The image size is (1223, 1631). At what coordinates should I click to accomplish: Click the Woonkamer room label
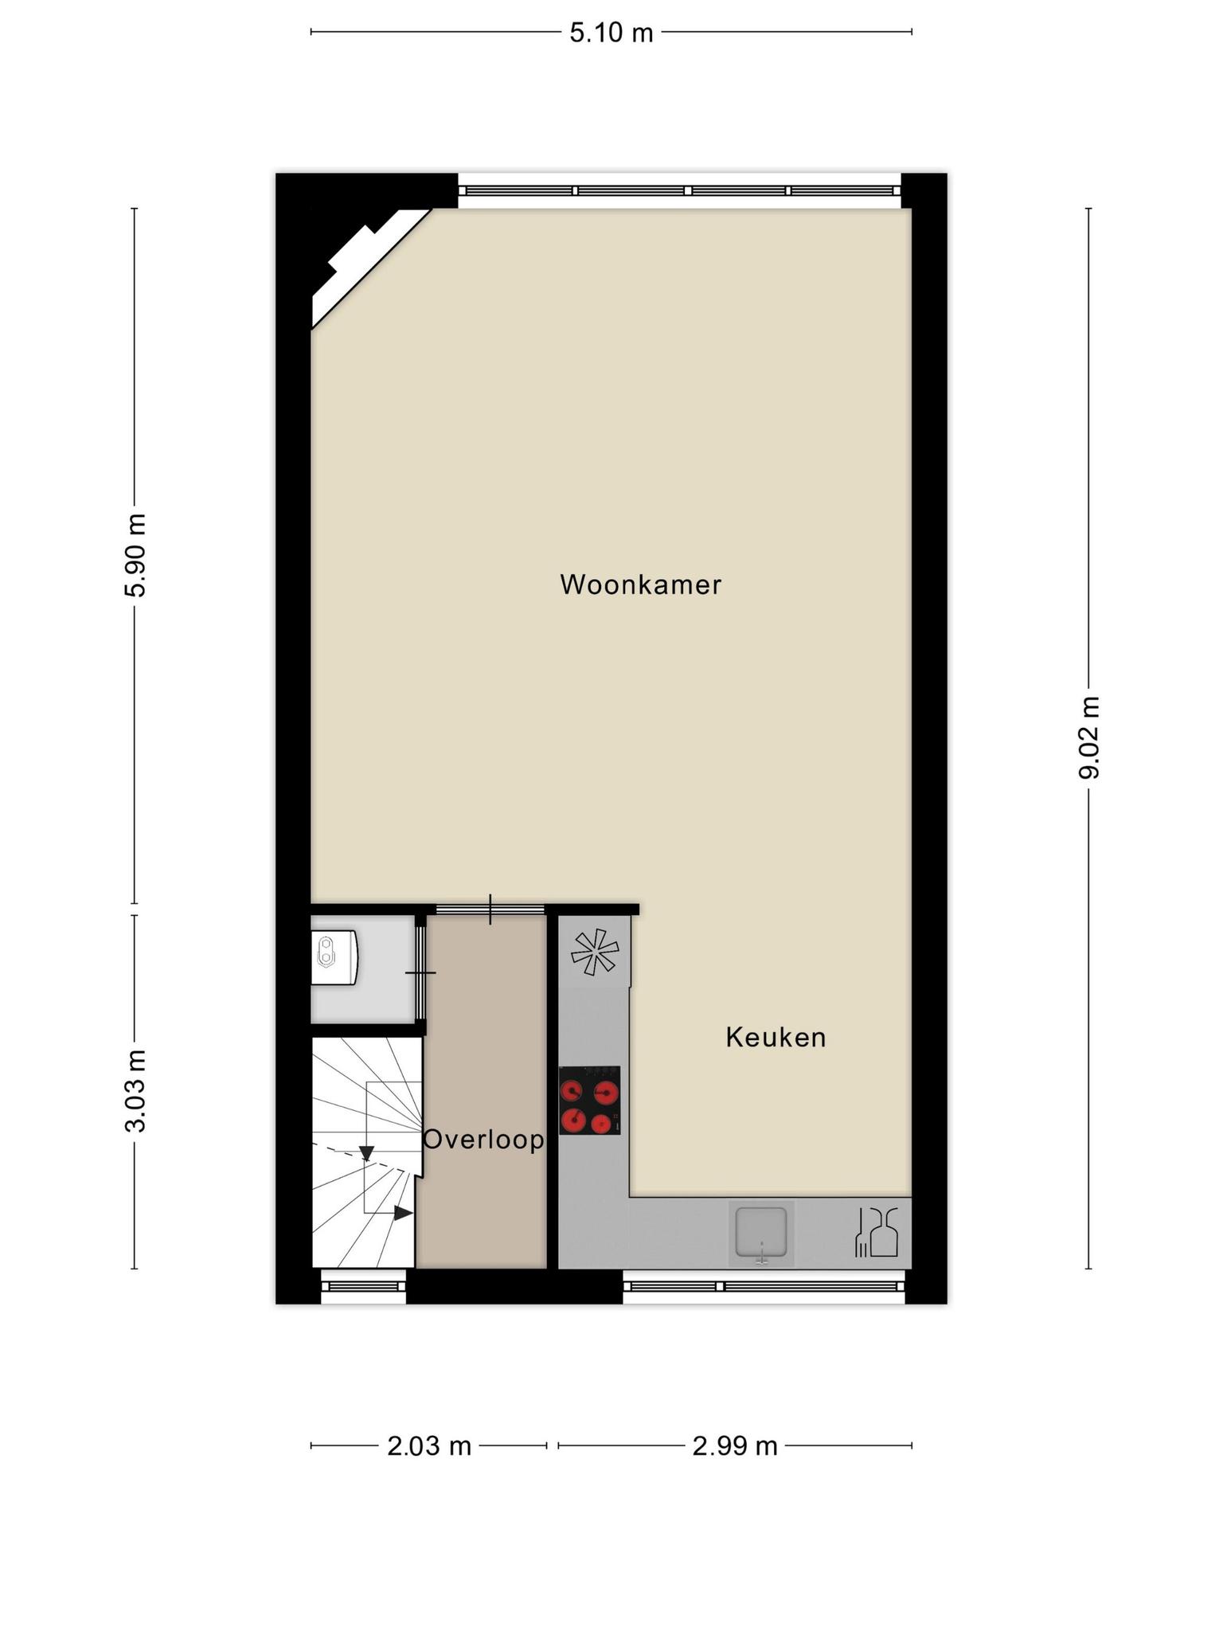point(640,585)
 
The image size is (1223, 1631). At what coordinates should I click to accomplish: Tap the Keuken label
point(776,1037)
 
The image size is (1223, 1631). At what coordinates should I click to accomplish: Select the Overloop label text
point(483,1140)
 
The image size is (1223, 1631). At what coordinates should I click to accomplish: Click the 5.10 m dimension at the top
point(611,33)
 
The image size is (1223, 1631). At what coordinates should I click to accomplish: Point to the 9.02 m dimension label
point(1088,737)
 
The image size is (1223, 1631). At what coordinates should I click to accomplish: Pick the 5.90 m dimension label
point(135,555)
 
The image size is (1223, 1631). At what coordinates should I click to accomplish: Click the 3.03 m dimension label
point(135,1091)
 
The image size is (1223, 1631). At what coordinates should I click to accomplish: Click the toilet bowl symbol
point(334,956)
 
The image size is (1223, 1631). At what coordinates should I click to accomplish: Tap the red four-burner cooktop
point(589,1101)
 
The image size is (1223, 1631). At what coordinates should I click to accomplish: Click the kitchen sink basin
point(761,1234)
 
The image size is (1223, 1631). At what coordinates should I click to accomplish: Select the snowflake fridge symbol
point(595,952)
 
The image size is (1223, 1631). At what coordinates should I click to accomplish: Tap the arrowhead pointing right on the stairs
point(403,1213)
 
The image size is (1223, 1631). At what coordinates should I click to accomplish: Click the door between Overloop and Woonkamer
point(490,909)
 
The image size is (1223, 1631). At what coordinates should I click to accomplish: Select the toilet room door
point(420,972)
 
